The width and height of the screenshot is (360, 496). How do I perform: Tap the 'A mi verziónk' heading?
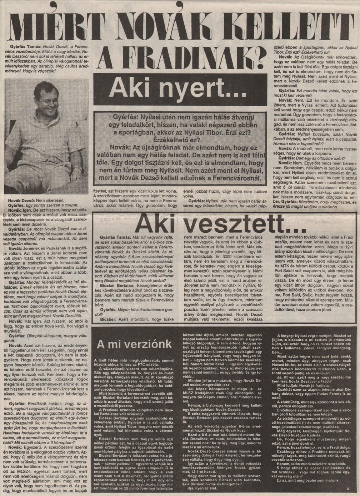[x=134, y=344]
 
